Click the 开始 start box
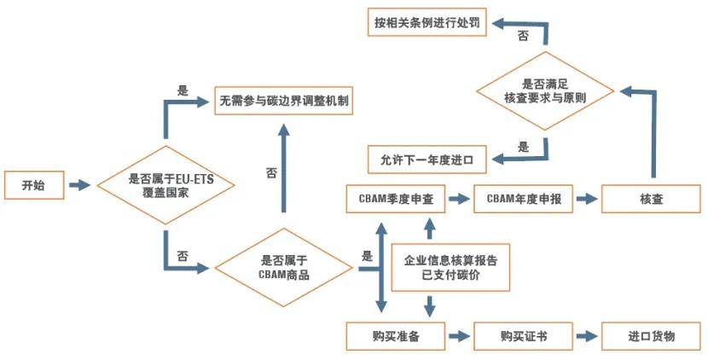coord(33,185)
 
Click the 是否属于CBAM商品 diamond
coord(283,268)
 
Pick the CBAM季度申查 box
coord(395,199)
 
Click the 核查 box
coord(653,199)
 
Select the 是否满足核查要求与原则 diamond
coord(546,91)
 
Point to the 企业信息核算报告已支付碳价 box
coord(450,267)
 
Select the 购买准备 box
coord(395,336)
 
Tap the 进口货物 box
coord(653,336)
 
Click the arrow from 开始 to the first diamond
coord(78,185)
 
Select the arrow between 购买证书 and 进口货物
coord(586,336)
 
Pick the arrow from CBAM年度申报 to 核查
coord(586,199)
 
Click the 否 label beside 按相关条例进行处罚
coord(522,37)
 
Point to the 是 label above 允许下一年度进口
coord(523,145)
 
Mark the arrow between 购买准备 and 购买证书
coord(460,336)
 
